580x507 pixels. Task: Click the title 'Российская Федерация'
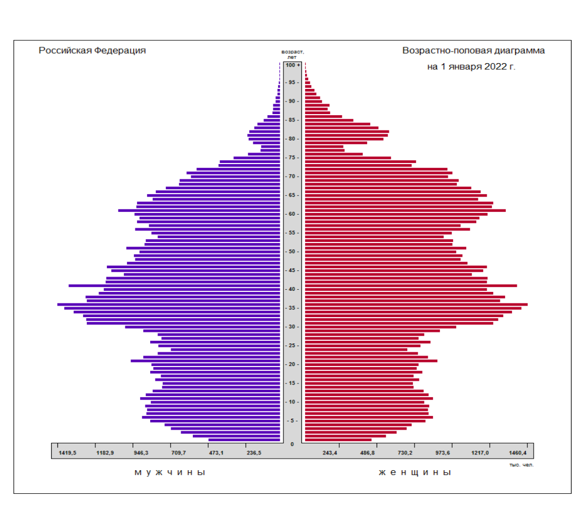[92, 50]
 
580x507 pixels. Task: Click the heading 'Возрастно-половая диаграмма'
[473, 50]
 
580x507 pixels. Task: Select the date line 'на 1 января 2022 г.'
[471, 67]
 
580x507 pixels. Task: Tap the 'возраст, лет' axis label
[292, 54]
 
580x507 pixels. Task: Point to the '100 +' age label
[292, 65]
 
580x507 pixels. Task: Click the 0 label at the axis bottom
[292, 444]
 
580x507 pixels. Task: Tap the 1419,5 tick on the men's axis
[67, 453]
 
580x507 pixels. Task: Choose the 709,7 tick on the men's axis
[179, 453]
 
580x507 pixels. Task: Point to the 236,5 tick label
[253, 453]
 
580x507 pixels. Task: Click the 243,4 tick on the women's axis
[330, 453]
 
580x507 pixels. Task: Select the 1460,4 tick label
[518, 453]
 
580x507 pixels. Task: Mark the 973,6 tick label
[443, 453]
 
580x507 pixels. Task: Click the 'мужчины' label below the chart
[170, 472]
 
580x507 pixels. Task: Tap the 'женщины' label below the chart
[415, 472]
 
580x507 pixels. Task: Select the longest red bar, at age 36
[416, 304]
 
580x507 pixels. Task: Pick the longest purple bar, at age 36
[169, 304]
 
